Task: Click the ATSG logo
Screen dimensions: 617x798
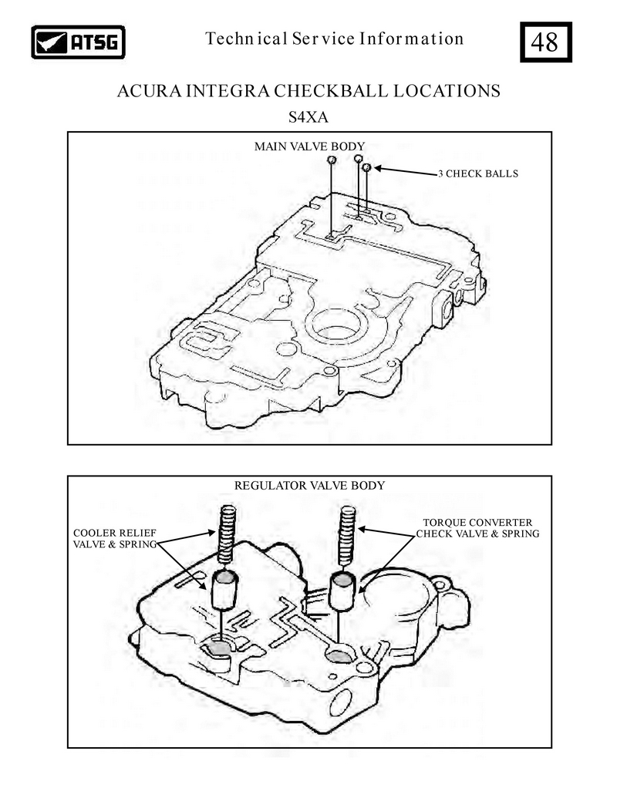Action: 78,42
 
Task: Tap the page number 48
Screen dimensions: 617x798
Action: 545,42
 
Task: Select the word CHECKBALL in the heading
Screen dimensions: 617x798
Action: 331,91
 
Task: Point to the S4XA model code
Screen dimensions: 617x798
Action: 308,117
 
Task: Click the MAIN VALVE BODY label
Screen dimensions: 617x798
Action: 309,146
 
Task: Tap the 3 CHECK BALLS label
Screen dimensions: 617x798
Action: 478,173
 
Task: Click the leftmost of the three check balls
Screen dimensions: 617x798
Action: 332,160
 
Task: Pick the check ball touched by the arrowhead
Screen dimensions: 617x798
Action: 366,167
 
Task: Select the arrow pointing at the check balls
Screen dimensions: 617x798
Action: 406,171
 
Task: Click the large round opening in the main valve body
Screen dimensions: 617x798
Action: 336,326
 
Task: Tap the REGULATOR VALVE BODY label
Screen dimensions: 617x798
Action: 309,486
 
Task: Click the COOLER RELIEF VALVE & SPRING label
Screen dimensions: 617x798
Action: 115,538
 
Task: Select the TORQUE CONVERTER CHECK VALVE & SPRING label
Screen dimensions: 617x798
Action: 477,527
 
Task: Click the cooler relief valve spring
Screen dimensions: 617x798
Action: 227,534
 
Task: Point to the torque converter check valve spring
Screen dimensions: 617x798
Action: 347,535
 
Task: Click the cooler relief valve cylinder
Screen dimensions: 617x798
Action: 224,590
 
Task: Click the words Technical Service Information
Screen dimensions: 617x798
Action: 335,39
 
